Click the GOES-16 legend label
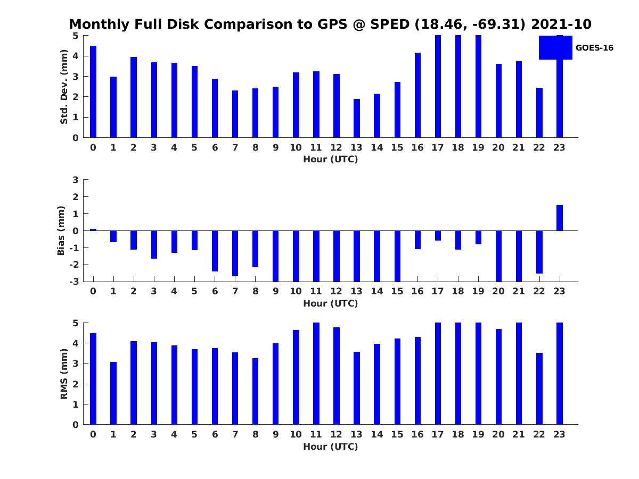click(594, 48)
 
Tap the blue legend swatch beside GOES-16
click(555, 47)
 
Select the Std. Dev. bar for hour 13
click(357, 118)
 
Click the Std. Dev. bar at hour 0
click(93, 92)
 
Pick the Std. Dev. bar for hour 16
click(417, 95)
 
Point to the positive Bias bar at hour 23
click(560, 218)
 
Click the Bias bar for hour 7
click(235, 253)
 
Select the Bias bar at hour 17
click(438, 236)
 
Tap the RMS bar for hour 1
click(113, 393)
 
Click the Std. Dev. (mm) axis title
click(64, 87)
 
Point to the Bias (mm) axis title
click(61, 230)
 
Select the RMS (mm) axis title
click(64, 374)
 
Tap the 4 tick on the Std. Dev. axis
click(75, 56)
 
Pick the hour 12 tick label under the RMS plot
click(337, 434)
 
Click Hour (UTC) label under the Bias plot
click(330, 303)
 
